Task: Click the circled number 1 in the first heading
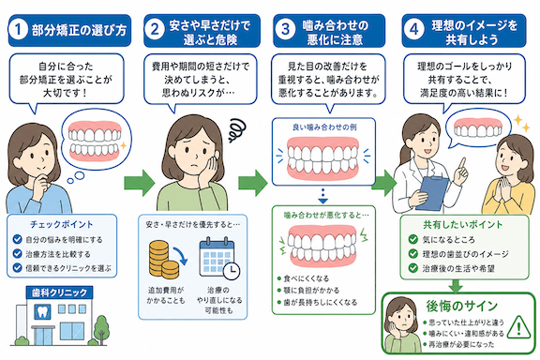(x=18, y=30)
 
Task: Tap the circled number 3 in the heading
(x=286, y=30)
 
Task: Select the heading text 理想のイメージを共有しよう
(x=474, y=33)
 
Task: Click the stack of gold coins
(x=163, y=260)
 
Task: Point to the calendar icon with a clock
(x=219, y=257)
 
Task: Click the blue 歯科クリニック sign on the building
(x=60, y=292)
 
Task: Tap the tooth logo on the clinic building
(x=42, y=311)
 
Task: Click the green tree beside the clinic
(x=101, y=328)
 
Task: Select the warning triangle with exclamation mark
(x=519, y=327)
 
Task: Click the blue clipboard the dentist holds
(x=431, y=193)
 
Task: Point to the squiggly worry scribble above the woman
(x=238, y=130)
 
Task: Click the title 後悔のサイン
(x=461, y=306)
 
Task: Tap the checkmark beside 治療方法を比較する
(x=17, y=253)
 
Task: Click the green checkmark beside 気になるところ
(x=412, y=239)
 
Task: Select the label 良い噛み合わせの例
(x=324, y=127)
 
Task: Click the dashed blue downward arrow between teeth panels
(x=322, y=196)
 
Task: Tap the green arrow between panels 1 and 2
(x=140, y=183)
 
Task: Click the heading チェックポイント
(x=62, y=225)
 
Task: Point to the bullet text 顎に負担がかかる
(x=311, y=290)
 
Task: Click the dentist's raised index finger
(x=462, y=163)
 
